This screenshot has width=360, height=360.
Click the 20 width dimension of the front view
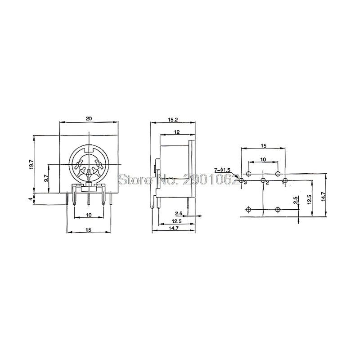[90, 118]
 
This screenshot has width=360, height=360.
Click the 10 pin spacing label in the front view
[89, 216]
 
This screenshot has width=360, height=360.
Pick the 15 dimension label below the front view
[89, 230]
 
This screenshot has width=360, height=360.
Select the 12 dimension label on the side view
[177, 132]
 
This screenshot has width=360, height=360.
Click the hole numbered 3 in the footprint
[241, 181]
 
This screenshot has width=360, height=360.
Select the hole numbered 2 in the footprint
[263, 181]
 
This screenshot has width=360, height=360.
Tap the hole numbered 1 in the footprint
[285, 181]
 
